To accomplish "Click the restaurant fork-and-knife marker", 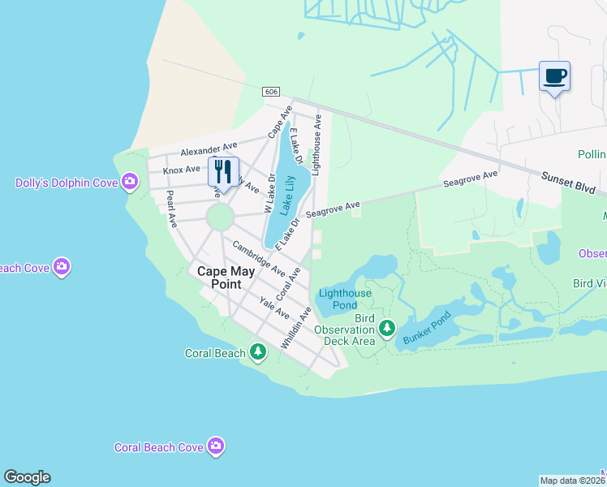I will (223, 171).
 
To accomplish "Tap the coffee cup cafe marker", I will (555, 77).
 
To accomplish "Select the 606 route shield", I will (271, 92).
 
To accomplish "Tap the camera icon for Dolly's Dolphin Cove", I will (129, 182).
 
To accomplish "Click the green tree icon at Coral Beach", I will (258, 352).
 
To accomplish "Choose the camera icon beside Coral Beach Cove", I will (216, 446).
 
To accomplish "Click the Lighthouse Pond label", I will (345, 299).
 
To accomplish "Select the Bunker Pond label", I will (426, 330).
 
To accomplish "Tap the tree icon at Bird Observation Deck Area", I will (387, 329).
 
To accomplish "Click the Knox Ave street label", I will (181, 170).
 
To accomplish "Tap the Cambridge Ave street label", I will (258, 257).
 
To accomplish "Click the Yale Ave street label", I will (274, 308).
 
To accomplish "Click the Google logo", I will (27, 477).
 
